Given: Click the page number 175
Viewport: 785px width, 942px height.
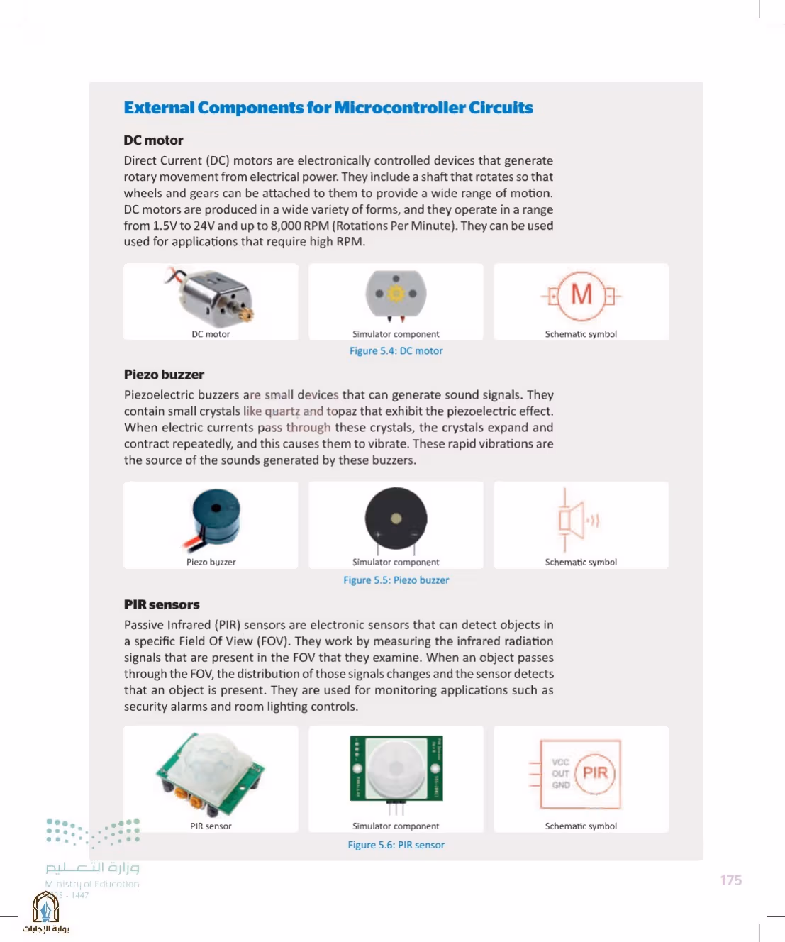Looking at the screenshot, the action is coord(731,880).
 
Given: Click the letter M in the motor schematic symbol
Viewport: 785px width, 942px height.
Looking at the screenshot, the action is coord(581,294).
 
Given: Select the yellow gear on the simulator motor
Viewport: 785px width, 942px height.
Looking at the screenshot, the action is coord(396,294).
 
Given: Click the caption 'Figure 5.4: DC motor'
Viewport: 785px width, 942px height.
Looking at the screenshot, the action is coord(396,350).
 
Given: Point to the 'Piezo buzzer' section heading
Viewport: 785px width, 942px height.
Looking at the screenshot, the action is coord(165,375).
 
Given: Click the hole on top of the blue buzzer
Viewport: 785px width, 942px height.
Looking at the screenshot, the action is coord(216,508).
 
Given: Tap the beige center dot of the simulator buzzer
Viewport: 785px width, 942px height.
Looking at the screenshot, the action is coord(396,519).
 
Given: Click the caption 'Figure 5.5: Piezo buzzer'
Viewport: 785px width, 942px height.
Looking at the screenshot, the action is coord(396,580).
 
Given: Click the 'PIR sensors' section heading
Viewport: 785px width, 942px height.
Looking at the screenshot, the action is coord(162,604).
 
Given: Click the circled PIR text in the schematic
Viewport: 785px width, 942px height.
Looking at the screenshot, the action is coord(595,772).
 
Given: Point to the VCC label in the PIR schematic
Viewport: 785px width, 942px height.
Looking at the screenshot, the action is coord(560,763).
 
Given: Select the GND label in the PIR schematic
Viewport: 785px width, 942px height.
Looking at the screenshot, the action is coord(561,785).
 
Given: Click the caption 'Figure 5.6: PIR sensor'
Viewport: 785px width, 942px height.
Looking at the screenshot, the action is coord(396,845).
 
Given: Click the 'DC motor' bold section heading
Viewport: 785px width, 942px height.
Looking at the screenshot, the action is coord(153,140).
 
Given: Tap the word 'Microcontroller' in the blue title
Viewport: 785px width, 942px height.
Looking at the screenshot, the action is coord(399,108).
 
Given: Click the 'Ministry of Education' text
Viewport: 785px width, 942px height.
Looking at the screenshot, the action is coord(92,884).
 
